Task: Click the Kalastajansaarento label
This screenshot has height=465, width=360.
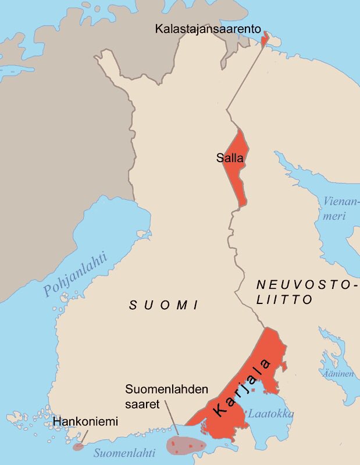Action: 208,28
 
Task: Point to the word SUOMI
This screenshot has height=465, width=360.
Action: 164,305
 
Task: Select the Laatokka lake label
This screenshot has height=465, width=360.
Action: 270,414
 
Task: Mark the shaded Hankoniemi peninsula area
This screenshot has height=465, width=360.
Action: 77,447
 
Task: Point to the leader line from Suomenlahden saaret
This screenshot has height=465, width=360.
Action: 169,418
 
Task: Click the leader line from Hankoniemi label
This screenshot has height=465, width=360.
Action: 82,437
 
